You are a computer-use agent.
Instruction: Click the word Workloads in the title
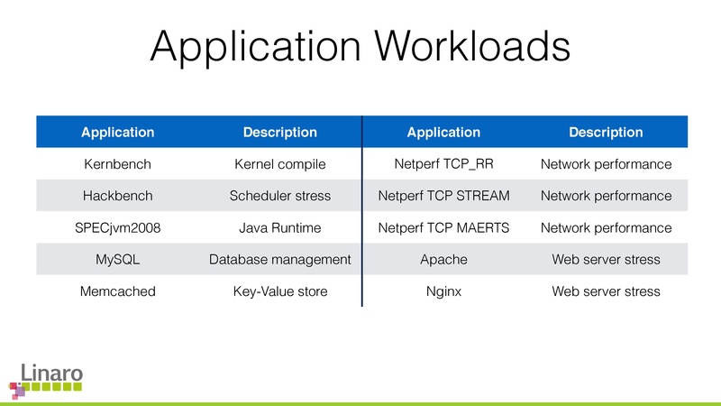(472, 46)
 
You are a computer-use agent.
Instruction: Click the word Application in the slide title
(255, 48)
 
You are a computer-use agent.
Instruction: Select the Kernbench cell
(118, 164)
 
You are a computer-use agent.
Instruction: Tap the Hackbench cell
(118, 196)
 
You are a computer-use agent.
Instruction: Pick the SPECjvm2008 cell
(118, 228)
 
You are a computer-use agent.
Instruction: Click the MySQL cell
(118, 260)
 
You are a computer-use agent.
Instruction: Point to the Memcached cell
(118, 291)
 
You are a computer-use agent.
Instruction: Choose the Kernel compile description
(280, 164)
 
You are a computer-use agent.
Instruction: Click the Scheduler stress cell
(280, 196)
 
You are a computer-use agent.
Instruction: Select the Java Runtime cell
(280, 228)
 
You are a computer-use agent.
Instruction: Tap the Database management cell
(280, 260)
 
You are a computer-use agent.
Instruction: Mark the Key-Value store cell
(280, 291)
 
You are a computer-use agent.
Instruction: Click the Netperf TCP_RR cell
(443, 164)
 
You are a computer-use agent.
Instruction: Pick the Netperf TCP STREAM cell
(443, 196)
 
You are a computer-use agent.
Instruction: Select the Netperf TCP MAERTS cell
(443, 228)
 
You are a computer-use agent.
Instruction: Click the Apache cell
(443, 260)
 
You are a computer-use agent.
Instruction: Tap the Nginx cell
(443, 291)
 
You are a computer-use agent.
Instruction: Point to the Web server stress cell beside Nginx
(606, 291)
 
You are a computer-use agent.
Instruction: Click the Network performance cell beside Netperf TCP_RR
(606, 164)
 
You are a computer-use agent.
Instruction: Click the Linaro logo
(46, 380)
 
